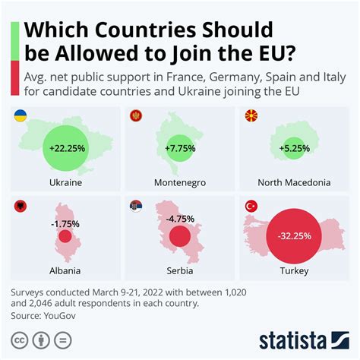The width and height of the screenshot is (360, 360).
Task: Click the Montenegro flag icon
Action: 137,116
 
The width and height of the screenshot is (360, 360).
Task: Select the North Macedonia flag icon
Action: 250,116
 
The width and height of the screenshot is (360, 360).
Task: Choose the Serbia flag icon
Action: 137,205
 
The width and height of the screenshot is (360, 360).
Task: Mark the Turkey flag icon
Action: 250,205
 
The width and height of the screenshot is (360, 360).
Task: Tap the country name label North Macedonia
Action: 295,183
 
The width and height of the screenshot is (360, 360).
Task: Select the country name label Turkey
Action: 295,271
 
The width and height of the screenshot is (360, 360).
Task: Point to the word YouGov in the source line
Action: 65,314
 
